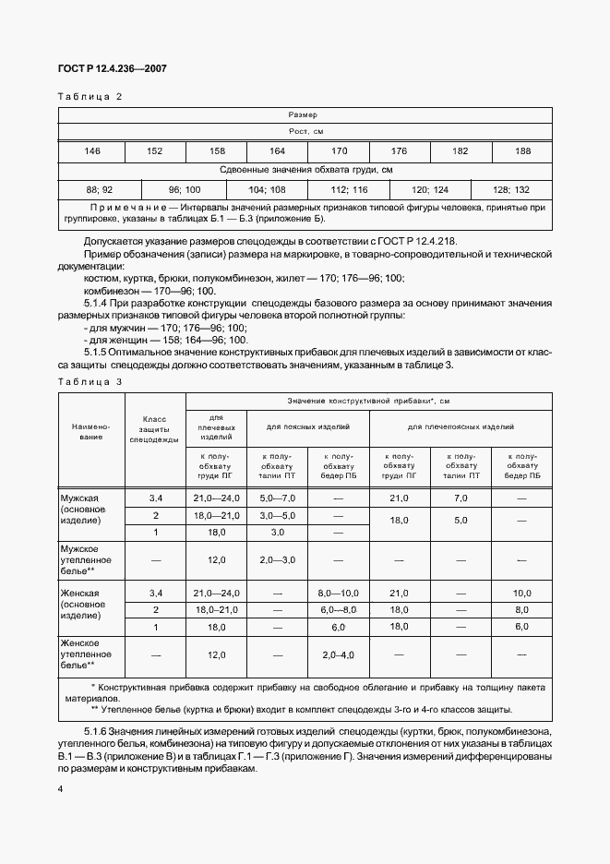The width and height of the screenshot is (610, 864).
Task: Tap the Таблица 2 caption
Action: pos(90,97)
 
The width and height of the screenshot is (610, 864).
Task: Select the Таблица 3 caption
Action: pos(90,382)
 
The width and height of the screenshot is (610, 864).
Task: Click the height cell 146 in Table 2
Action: pos(92,151)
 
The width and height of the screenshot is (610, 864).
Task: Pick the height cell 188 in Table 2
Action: pos(522,151)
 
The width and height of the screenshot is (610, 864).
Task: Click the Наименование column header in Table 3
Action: pos(91,431)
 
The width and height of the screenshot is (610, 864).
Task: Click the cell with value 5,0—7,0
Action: pos(276,498)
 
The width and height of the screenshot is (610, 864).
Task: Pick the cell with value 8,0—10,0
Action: pos(337,593)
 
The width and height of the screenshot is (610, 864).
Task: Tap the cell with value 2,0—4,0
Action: pos(337,654)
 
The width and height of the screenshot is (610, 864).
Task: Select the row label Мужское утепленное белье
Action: pos(86,559)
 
